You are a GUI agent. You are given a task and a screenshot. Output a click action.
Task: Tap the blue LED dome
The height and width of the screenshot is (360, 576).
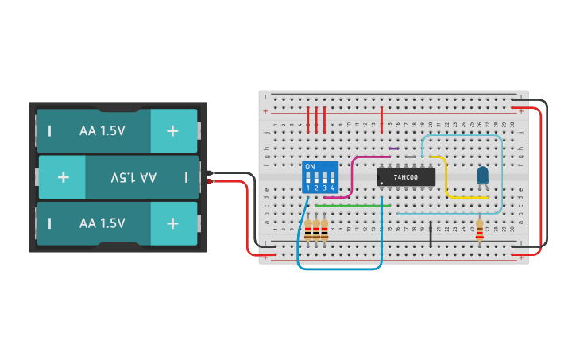pyautogui.click(x=482, y=175)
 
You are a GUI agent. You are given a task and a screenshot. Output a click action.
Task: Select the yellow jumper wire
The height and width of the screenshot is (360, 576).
pyautogui.click(x=446, y=179)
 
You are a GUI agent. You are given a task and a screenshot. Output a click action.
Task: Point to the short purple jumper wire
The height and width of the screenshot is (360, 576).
pyautogui.click(x=393, y=149)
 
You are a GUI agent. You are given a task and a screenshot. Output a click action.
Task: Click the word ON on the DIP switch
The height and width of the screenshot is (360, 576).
pyautogui.click(x=310, y=167)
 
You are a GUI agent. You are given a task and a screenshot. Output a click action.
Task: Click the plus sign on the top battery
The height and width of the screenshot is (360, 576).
pyautogui.click(x=172, y=130)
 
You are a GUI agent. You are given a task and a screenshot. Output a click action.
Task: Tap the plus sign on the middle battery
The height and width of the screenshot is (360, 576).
pyautogui.click(x=63, y=176)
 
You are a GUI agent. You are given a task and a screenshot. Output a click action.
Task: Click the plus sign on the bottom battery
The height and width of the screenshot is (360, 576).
pyautogui.click(x=172, y=223)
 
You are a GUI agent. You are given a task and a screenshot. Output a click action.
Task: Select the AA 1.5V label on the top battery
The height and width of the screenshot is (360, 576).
pyautogui.click(x=102, y=130)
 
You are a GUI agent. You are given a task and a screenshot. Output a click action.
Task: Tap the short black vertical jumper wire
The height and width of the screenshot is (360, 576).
pyautogui.click(x=431, y=235)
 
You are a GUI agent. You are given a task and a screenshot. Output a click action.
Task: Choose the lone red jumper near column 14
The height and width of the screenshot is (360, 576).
pyautogui.click(x=383, y=120)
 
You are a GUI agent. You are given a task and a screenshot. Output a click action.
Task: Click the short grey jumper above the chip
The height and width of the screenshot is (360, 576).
pyautogui.click(x=410, y=157)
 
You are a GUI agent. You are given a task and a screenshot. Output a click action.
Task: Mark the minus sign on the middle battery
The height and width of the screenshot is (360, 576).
pyautogui.click(x=186, y=176)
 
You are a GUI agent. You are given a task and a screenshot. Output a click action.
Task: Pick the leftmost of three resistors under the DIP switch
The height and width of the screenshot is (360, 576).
pyautogui.click(x=308, y=231)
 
